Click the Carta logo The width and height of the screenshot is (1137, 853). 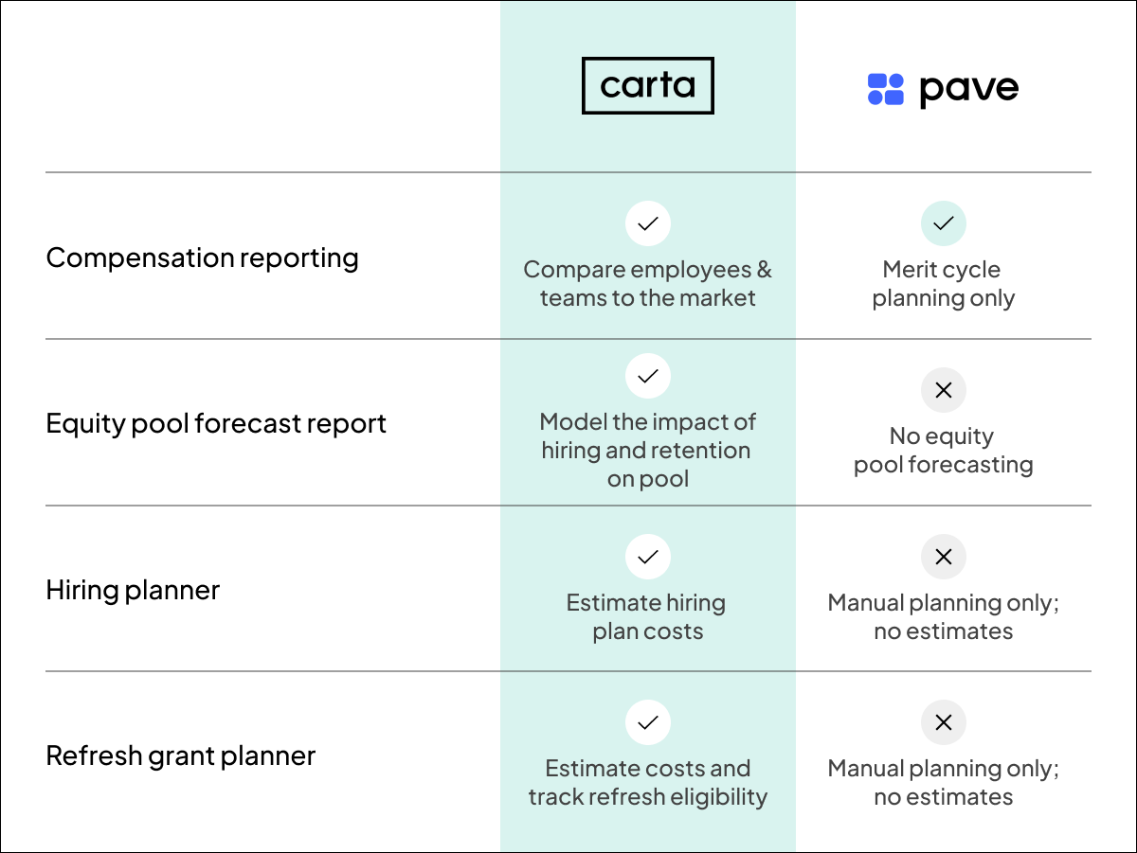coord(647,86)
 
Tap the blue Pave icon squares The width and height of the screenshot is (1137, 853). coord(886,89)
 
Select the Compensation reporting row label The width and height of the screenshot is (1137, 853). coord(202,258)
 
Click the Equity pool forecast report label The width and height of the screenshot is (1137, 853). coord(216,423)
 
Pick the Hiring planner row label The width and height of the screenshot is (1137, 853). coord(133,590)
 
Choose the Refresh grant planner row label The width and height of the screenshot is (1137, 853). coord(180,755)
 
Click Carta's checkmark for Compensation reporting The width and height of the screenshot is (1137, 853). coord(648,224)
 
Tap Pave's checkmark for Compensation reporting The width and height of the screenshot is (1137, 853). coord(944,224)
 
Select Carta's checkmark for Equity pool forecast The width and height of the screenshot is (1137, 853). coord(648,376)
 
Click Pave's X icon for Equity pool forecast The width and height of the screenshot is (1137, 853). coord(944,390)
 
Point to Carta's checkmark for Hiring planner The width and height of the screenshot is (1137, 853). coord(648,557)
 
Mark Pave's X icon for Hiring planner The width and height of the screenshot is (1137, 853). coord(944,557)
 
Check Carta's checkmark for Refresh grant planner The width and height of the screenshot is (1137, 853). coord(648,723)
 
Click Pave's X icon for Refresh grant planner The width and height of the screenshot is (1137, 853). coord(944,723)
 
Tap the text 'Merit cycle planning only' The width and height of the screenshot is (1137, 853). coord(943,284)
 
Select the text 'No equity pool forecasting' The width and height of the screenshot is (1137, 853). coord(943,451)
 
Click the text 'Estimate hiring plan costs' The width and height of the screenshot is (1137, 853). coord(647,617)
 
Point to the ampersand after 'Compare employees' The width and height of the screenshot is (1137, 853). coord(764,270)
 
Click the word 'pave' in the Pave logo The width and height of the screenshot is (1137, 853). coord(968,90)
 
